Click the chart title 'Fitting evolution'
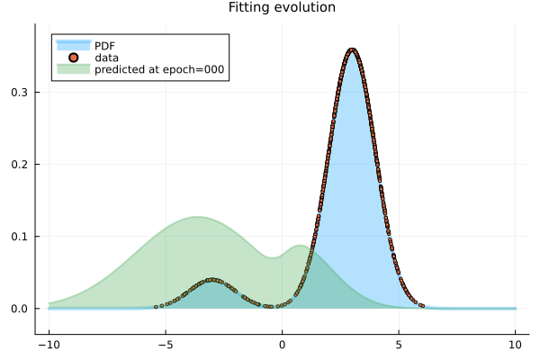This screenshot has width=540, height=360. coord(282,7)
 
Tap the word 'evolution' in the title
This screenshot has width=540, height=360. coord(303,7)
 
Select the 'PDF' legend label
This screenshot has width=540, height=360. coord(105,44)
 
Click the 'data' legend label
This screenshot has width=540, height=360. coord(106,57)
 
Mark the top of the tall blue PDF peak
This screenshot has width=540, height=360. coord(352,49)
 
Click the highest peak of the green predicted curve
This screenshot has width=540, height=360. coord(197,217)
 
